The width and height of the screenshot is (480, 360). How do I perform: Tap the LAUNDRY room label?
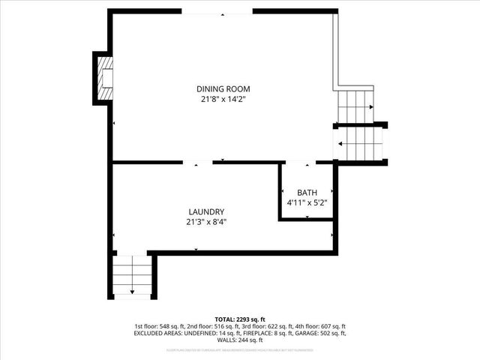click(x=206, y=211)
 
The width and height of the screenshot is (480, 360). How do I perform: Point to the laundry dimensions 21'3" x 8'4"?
click(x=206, y=221)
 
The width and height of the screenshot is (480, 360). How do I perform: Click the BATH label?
click(x=307, y=192)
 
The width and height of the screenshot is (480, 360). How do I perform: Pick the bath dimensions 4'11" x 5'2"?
click(x=307, y=202)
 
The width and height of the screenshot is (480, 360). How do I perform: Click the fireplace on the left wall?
click(x=102, y=79)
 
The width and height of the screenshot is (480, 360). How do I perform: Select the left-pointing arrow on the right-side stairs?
click(x=341, y=144)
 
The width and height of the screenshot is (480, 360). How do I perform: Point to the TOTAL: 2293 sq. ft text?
click(x=240, y=319)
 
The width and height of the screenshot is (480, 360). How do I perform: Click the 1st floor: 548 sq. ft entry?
click(x=160, y=326)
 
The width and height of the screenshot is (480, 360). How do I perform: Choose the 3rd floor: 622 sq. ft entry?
click(x=266, y=326)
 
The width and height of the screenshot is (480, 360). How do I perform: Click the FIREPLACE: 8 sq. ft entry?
click(x=265, y=333)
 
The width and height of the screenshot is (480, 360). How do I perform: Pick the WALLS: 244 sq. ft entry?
click(x=240, y=340)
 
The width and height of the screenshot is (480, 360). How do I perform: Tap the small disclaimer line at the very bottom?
click(x=240, y=349)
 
